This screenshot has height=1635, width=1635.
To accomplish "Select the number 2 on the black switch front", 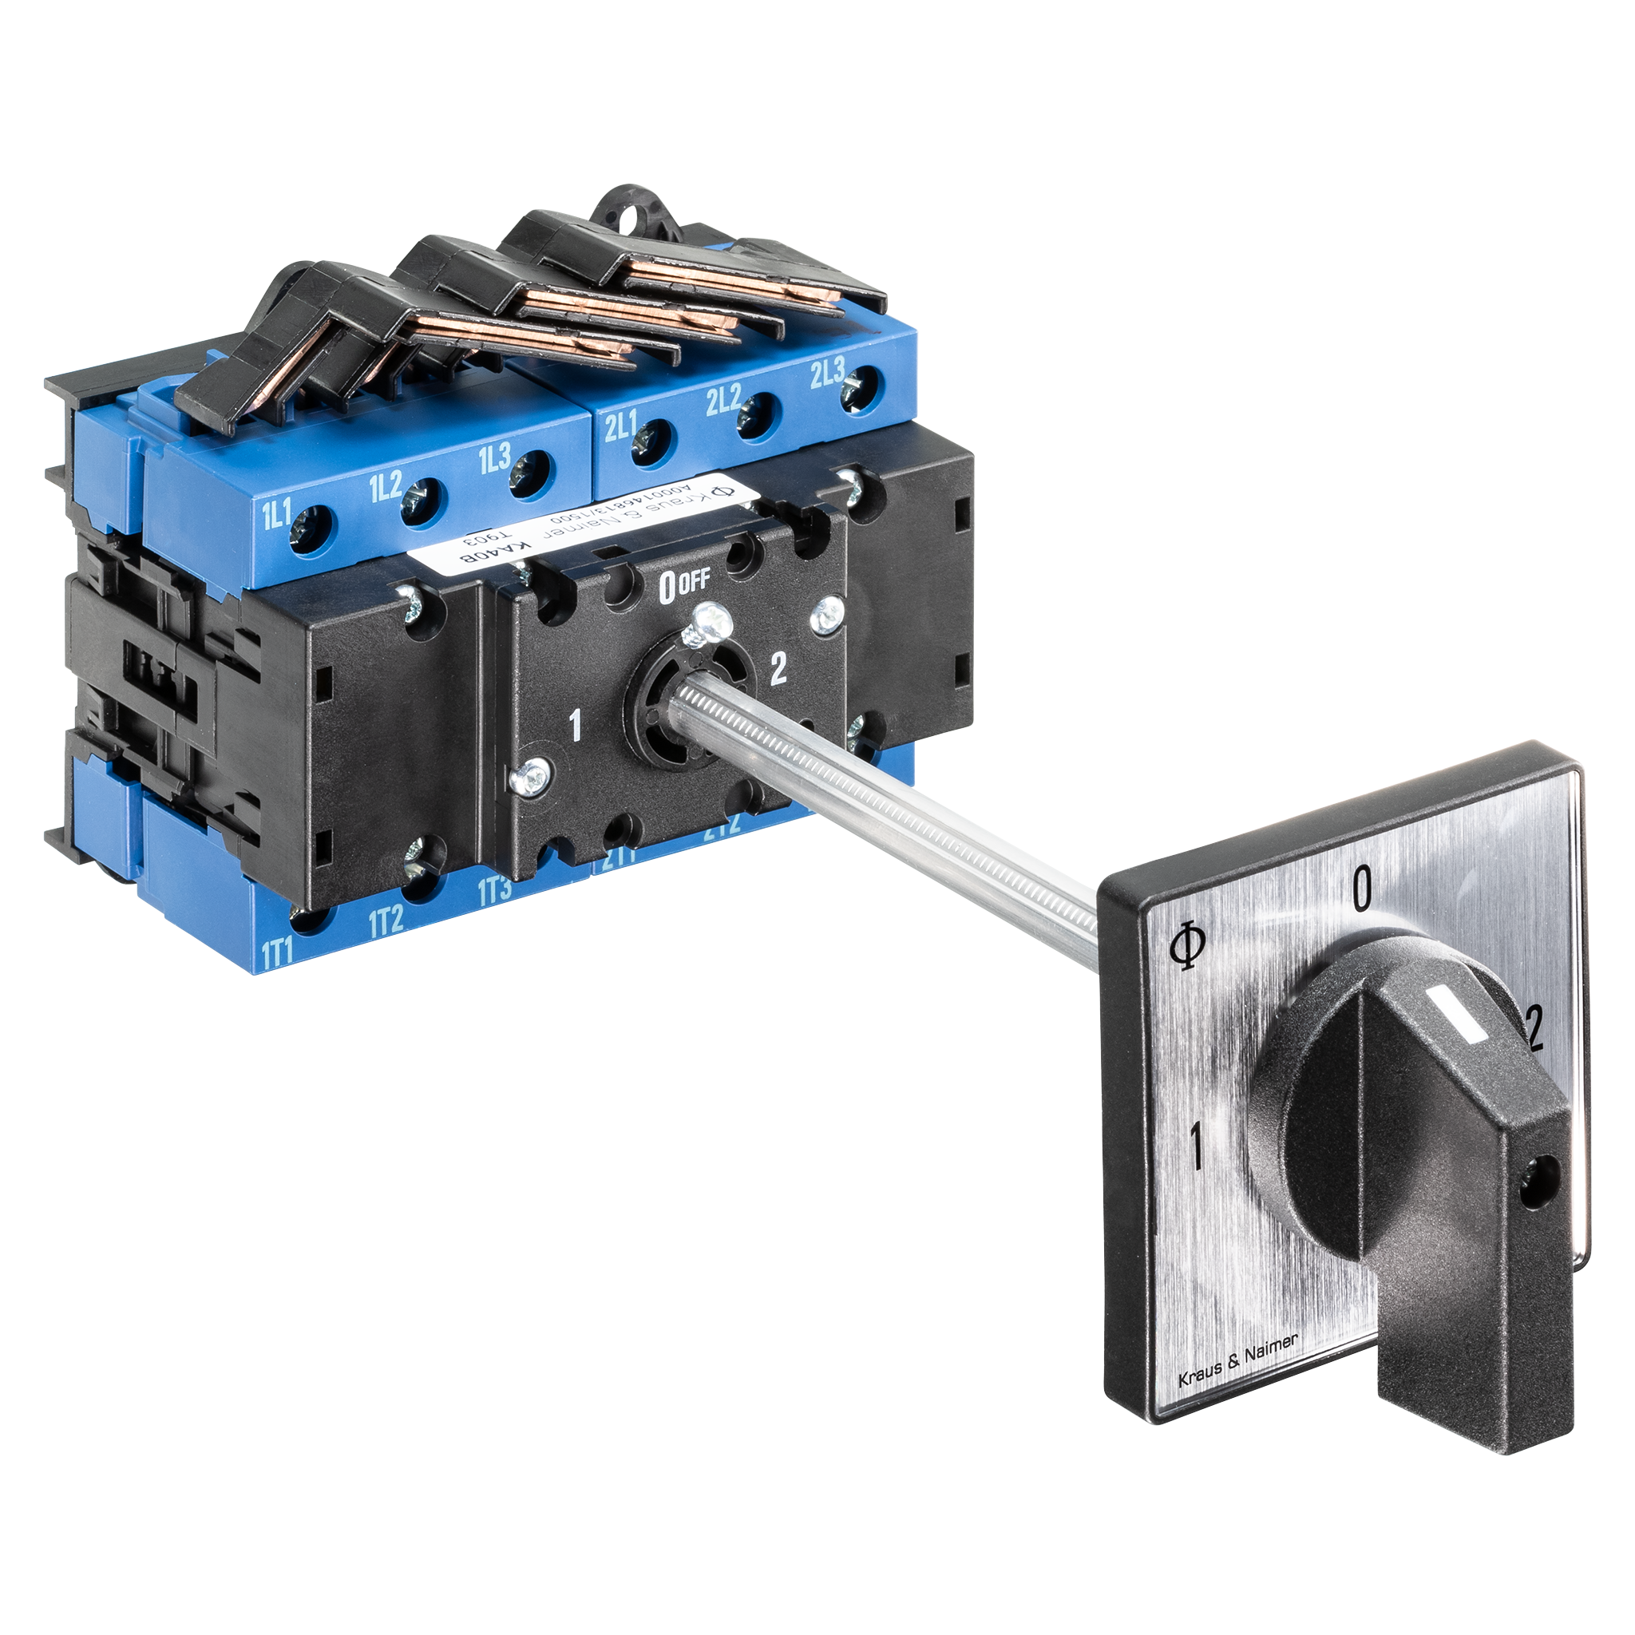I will [x=777, y=671].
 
